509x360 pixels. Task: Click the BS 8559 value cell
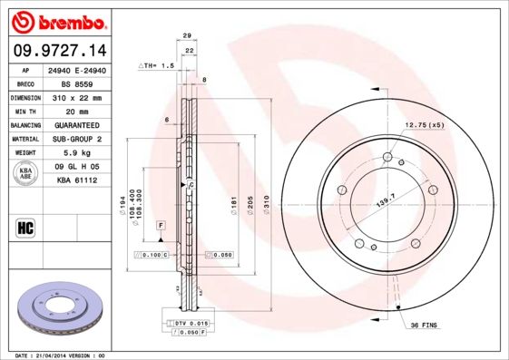[83, 83]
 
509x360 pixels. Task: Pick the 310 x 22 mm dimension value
[83, 97]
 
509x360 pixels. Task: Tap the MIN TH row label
[25, 111]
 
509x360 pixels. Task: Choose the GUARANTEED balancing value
[83, 125]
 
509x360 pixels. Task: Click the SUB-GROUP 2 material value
[83, 139]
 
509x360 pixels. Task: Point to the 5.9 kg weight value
[83, 153]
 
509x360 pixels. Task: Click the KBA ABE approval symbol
[26, 174]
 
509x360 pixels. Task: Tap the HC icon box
[26, 227]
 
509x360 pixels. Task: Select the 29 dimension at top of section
[186, 35]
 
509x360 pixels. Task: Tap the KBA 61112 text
[83, 181]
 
